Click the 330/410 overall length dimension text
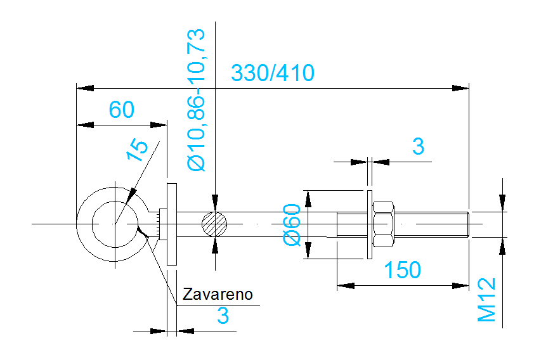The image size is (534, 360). [272, 73]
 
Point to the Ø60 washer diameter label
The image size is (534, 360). [292, 224]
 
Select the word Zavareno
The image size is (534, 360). [218, 294]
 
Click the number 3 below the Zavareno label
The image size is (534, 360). [223, 316]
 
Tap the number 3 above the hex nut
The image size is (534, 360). [417, 146]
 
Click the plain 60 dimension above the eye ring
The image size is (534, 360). [121, 110]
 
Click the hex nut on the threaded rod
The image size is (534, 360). [384, 224]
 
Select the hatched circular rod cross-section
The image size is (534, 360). [215, 224]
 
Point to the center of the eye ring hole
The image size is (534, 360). [115, 224]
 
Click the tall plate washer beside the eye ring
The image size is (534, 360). [171, 224]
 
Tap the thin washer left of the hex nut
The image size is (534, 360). [368, 224]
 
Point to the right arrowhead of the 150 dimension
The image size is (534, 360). [461, 285]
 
